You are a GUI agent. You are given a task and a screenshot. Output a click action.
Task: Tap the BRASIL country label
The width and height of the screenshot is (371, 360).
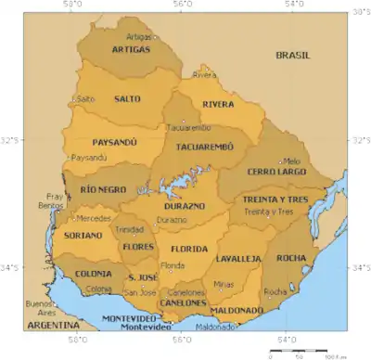pyautogui.click(x=296, y=56)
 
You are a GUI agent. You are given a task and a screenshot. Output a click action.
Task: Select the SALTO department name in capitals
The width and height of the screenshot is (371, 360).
pyautogui.click(x=128, y=97)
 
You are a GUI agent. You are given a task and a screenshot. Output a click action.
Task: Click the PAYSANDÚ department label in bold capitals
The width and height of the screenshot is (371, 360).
pyautogui.click(x=115, y=143)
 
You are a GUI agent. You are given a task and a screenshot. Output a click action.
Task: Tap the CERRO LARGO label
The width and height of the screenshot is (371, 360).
pyautogui.click(x=275, y=172)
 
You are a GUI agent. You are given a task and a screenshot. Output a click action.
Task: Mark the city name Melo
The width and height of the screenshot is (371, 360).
pyautogui.click(x=291, y=161)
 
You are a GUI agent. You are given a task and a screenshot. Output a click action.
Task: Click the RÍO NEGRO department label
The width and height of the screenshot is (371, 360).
pyautogui.click(x=102, y=188)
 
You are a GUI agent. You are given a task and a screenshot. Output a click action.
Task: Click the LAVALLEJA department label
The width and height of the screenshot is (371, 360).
pyautogui.click(x=240, y=259)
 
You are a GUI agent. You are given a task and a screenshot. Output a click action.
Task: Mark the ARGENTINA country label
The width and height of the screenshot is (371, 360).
pyautogui.click(x=51, y=328)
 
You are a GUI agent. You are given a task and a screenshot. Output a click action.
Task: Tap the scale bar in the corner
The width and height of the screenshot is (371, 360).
pyautogui.click(x=300, y=352)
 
